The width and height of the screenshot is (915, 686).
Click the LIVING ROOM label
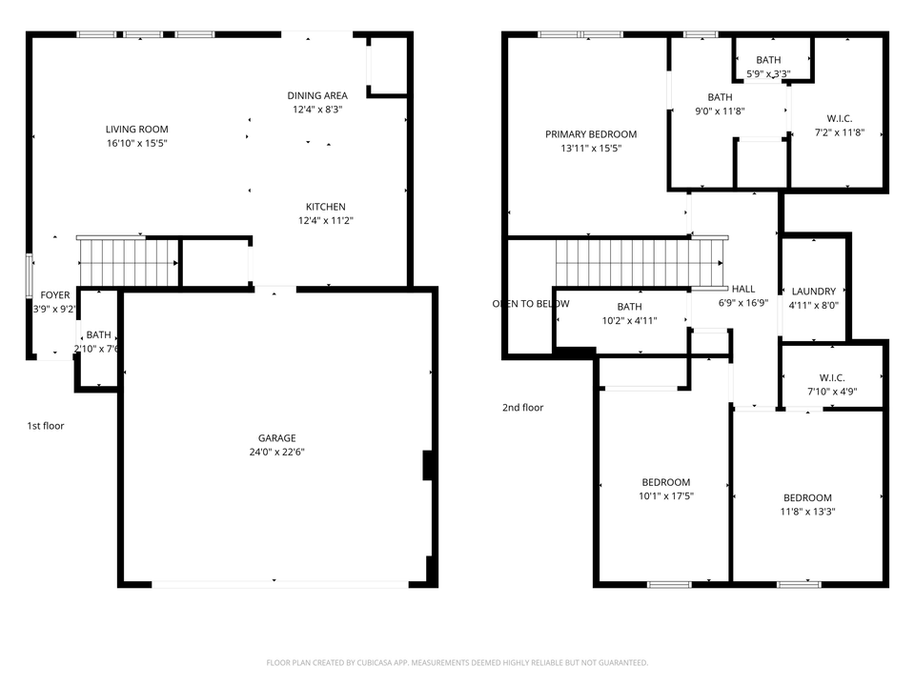point(136,130)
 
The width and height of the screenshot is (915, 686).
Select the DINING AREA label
point(317,95)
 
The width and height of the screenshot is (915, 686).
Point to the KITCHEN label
point(325,207)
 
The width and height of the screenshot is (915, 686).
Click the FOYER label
point(54,295)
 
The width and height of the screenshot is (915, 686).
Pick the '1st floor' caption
point(46,426)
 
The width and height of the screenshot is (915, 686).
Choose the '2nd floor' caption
point(522,408)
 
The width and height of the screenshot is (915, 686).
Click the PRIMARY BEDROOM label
point(591,134)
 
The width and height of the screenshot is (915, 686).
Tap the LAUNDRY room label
point(813,292)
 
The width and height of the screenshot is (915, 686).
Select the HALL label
point(742,289)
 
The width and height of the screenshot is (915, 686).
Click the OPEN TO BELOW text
point(531,304)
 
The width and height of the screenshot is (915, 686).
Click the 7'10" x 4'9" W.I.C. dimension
point(832,392)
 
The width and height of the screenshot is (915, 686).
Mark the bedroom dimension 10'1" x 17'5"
point(665,496)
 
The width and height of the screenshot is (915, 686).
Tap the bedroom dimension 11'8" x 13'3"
point(807,512)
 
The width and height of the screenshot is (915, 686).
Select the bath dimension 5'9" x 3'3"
point(768,74)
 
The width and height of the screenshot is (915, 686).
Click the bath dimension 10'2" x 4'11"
point(629,321)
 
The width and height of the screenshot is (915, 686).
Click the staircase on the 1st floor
point(128,262)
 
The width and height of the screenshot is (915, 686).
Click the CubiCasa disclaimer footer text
point(457,662)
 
